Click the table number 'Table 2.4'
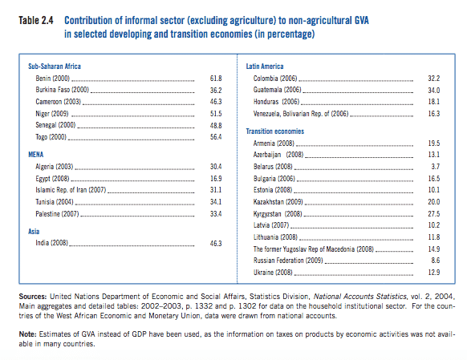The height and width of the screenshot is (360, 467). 36,21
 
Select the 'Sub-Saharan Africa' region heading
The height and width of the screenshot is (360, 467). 55,67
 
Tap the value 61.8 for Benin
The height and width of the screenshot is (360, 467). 216,79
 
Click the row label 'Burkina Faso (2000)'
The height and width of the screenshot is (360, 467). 63,90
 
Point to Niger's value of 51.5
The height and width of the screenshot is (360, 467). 216,114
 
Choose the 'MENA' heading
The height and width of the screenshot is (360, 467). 36,155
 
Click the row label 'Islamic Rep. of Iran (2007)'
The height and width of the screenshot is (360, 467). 71,190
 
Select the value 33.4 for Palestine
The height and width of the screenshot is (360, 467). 216,214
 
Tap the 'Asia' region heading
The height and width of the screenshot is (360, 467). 34,232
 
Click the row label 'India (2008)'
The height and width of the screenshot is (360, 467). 52,243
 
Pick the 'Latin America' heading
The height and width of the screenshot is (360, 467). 265,67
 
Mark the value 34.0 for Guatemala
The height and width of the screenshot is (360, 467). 434,90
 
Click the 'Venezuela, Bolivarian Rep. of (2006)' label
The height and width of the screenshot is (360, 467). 301,114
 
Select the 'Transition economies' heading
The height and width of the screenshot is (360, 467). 275,131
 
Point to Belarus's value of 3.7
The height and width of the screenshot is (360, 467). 436,167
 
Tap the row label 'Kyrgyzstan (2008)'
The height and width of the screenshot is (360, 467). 278,214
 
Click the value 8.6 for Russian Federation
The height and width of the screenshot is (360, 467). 436,261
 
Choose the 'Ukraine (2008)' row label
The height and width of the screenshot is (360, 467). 273,273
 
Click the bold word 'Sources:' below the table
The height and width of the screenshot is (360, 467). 33,297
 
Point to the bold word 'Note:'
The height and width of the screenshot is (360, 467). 27,334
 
